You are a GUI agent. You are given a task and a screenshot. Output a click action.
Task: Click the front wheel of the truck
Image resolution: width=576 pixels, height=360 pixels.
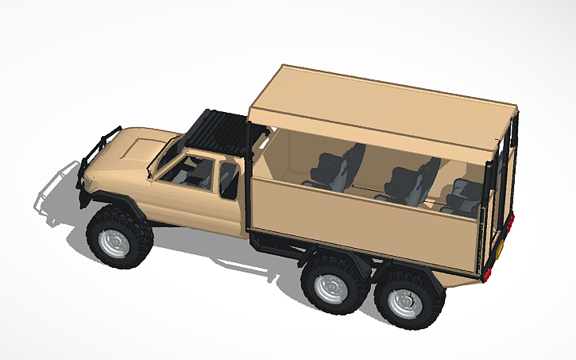[118, 237]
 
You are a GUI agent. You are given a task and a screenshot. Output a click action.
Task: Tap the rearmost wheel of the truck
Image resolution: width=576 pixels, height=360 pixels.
[407, 302]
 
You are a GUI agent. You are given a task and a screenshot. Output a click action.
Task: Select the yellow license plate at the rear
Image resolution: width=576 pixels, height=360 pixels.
[502, 248]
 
